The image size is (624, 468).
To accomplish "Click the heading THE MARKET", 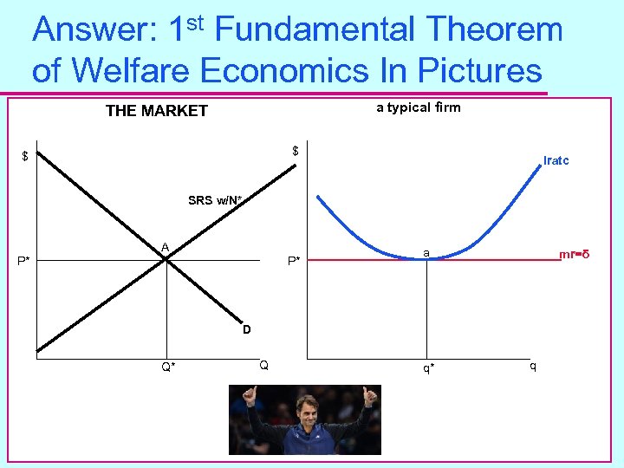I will point(156,110).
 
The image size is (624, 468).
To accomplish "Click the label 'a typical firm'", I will point(419,107).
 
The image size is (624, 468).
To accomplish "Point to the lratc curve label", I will point(556,160).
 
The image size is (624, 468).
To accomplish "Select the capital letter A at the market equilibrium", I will point(164,247).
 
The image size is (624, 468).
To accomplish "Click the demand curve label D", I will point(247,329).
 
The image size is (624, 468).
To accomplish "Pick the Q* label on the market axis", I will point(168,367).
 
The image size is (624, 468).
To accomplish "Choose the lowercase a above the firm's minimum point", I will point(426,252).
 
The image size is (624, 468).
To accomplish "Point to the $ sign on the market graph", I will point(25,157).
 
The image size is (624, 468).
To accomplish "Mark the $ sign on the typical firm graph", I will point(296,151).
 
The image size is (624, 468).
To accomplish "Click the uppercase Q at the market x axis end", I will point(263,365).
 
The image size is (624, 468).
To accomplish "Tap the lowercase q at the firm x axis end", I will point(533,365).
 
